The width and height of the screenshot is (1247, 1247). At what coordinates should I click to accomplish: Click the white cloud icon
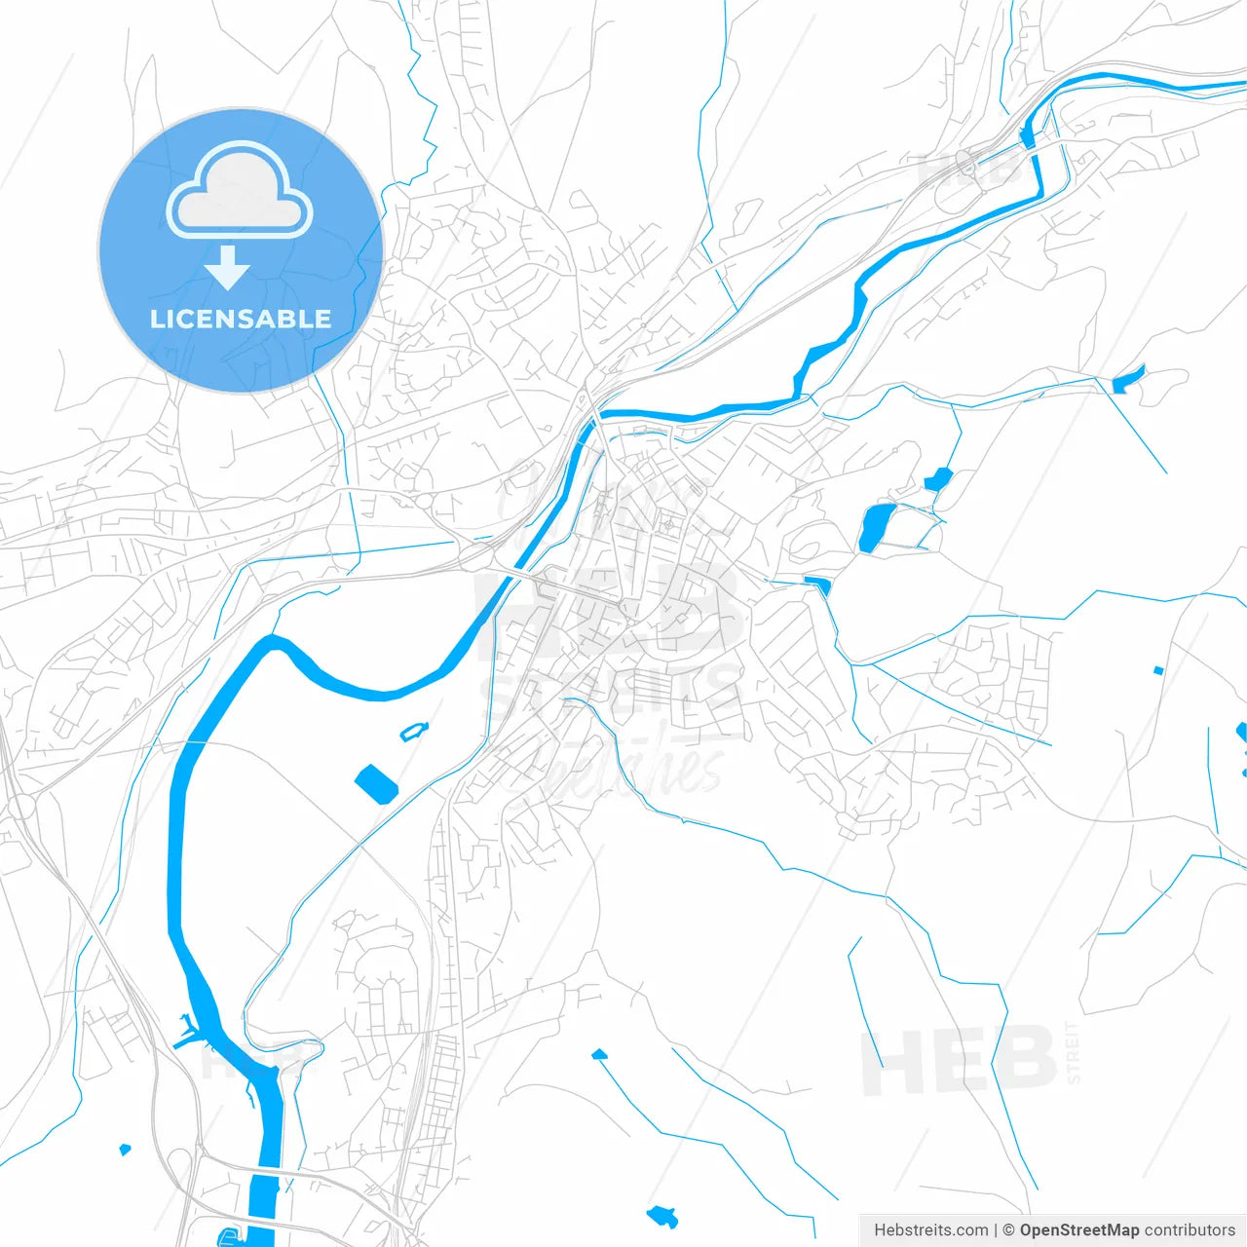pyautogui.click(x=240, y=192)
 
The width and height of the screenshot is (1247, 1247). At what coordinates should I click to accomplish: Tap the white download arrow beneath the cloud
pyautogui.click(x=228, y=268)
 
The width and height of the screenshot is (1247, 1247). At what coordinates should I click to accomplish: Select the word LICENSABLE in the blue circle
pyautogui.click(x=240, y=319)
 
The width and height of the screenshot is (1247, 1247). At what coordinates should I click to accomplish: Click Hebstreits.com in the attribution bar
pyautogui.click(x=930, y=1230)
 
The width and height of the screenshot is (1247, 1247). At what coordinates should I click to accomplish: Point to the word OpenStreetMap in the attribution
pyautogui.click(x=1078, y=1230)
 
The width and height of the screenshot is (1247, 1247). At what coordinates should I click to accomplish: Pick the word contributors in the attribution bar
pyautogui.click(x=1190, y=1230)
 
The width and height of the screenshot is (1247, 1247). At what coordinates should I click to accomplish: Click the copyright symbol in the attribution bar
pyautogui.click(x=1009, y=1230)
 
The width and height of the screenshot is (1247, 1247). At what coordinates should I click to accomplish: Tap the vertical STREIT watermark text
pyautogui.click(x=1073, y=1052)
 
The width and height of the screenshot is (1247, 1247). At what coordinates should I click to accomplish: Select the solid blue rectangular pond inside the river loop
pyautogui.click(x=376, y=784)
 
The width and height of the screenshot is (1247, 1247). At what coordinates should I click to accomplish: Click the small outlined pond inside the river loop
pyautogui.click(x=414, y=731)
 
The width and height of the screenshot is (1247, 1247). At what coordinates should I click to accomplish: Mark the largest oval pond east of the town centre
pyautogui.click(x=876, y=527)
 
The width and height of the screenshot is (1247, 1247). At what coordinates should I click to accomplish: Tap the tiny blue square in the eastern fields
pyautogui.click(x=1157, y=670)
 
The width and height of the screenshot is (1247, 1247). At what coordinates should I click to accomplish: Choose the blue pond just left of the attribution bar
pyautogui.click(x=662, y=1215)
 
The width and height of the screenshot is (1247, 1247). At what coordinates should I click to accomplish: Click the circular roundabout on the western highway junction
pyautogui.click(x=20, y=807)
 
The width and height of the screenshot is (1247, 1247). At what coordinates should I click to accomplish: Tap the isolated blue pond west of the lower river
pyautogui.click(x=124, y=1151)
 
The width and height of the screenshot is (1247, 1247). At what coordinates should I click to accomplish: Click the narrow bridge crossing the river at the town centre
pyautogui.click(x=510, y=575)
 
